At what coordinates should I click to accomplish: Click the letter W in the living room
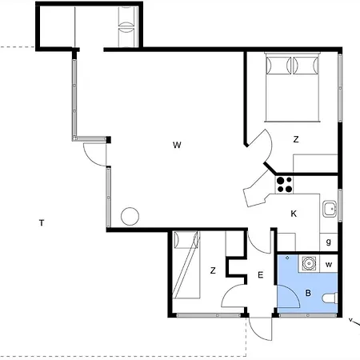point(177,145)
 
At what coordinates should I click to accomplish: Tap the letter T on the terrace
point(42,222)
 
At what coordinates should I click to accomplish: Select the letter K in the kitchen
point(294,214)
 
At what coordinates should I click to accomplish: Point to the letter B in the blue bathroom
point(308,293)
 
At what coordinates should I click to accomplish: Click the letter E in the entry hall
point(261,275)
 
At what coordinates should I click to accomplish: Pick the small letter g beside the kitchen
point(329,242)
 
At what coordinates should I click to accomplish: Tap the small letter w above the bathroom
point(329,265)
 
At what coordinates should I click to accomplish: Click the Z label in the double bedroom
point(296,139)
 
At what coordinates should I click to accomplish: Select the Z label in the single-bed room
point(213,270)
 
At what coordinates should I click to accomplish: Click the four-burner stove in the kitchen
point(284,185)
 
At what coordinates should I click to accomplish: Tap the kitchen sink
point(330,209)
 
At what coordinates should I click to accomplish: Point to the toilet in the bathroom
point(330,298)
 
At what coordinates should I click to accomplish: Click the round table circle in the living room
point(130,216)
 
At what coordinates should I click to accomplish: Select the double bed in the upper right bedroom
point(293,87)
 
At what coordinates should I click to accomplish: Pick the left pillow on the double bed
point(278,66)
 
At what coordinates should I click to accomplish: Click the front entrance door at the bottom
point(260,329)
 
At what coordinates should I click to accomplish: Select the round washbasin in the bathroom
point(309,263)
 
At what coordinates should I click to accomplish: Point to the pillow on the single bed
point(186,240)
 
